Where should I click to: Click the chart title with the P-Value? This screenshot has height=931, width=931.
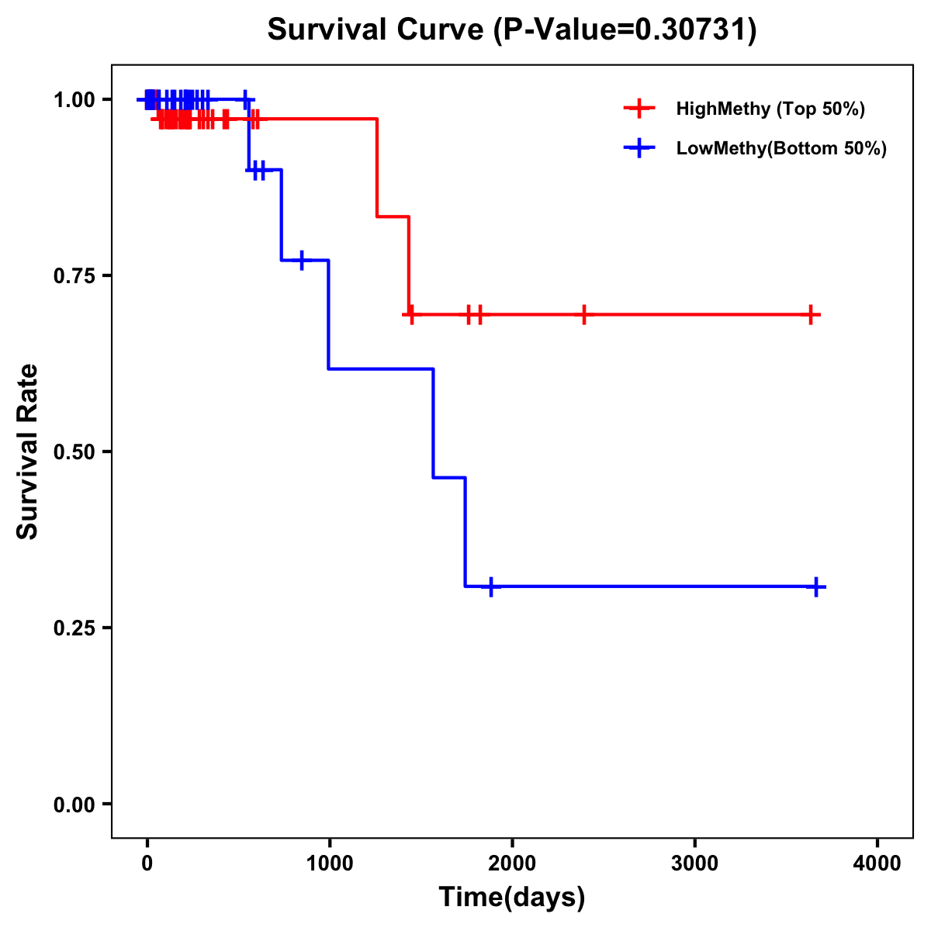pyautogui.click(x=511, y=29)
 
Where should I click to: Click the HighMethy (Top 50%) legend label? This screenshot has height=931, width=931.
pyautogui.click(x=770, y=109)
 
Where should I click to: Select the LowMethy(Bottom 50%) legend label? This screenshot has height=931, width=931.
pyautogui.click(x=781, y=148)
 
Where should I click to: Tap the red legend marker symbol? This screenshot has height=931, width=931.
pyautogui.click(x=639, y=109)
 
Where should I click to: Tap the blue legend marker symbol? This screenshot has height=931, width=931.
pyautogui.click(x=639, y=148)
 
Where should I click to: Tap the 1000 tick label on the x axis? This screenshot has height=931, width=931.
pyautogui.click(x=329, y=864)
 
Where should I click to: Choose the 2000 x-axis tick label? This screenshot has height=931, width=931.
pyautogui.click(x=511, y=864)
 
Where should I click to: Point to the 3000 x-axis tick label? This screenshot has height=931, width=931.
pyautogui.click(x=694, y=864)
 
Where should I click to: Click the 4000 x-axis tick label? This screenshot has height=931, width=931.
pyautogui.click(x=877, y=864)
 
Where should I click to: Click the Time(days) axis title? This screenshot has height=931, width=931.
pyautogui.click(x=512, y=898)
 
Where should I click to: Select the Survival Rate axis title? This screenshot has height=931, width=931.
pyautogui.click(x=28, y=452)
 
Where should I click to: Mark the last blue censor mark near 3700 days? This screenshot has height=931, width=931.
pyautogui.click(x=816, y=587)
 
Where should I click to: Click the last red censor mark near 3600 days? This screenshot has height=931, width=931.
pyautogui.click(x=810, y=315)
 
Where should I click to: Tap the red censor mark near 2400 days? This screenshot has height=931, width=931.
pyautogui.click(x=583, y=315)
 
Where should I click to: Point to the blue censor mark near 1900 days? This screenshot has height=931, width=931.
pyautogui.click(x=490, y=587)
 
